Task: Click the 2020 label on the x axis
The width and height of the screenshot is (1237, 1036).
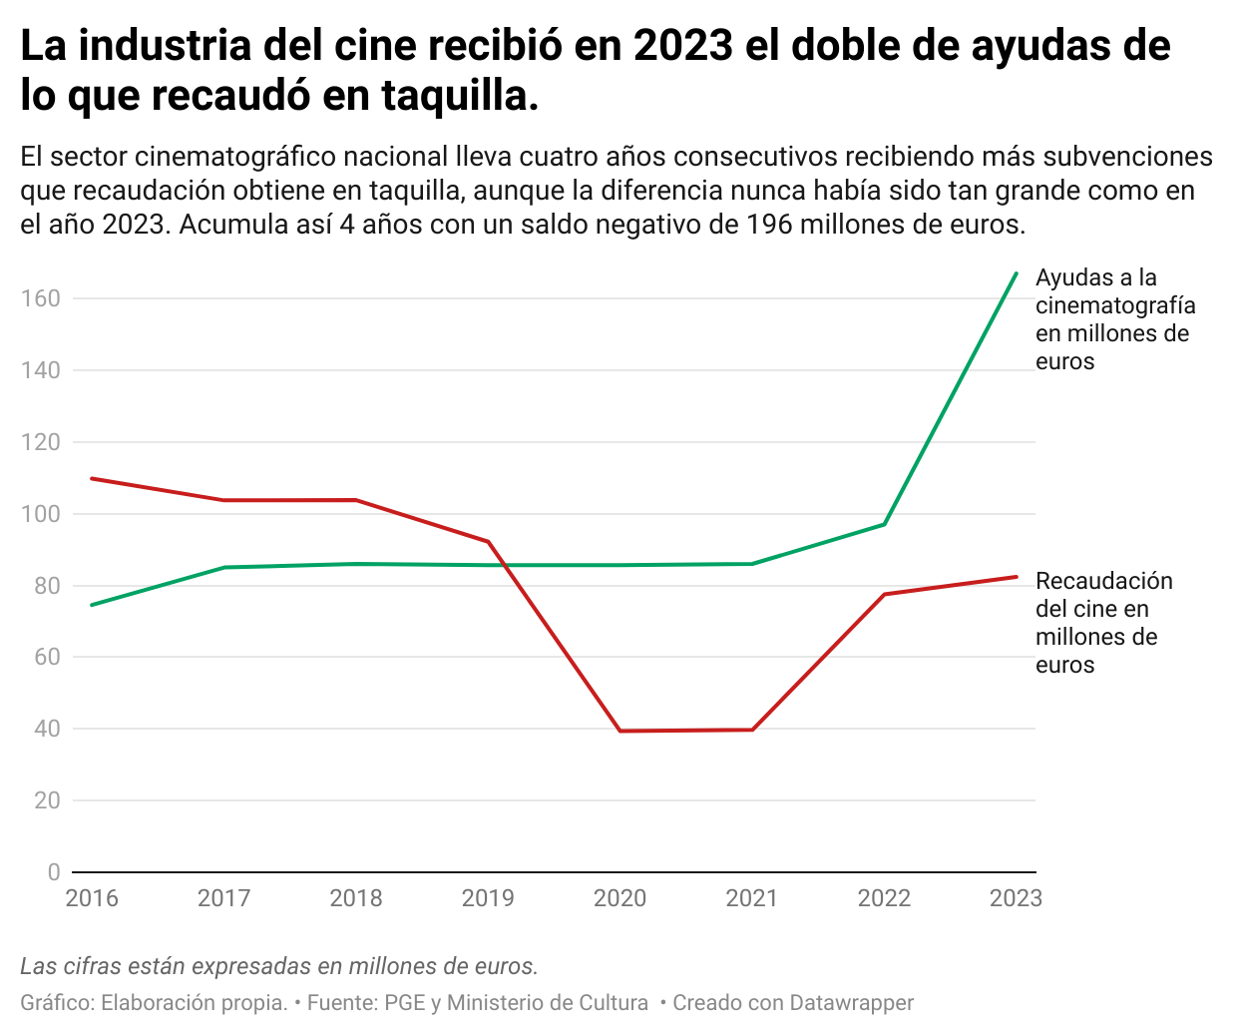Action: pyautogui.click(x=619, y=898)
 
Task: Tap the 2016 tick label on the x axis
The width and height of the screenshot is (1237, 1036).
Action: pyautogui.click(x=92, y=898)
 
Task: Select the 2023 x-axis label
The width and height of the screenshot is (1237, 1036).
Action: pyautogui.click(x=1015, y=898)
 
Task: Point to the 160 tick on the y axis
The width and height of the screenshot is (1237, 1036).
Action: pyautogui.click(x=41, y=298)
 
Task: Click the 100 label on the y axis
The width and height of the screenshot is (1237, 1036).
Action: pyautogui.click(x=41, y=514)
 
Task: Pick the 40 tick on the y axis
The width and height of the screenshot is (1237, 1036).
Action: pyautogui.click(x=47, y=729)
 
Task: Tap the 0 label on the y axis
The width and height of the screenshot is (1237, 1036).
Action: pyautogui.click(x=54, y=872)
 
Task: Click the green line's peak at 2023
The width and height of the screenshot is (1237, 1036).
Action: pyautogui.click(x=1016, y=273)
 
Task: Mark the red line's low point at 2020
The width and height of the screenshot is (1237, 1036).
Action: pyautogui.click(x=620, y=731)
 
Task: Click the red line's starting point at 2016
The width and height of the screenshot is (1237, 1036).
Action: pyautogui.click(x=92, y=478)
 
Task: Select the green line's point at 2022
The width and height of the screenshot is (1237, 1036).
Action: pyautogui.click(x=884, y=524)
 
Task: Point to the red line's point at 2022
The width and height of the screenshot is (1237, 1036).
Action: pyautogui.click(x=884, y=594)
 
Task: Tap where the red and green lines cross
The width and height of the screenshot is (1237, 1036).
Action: pyautogui.click(x=503, y=565)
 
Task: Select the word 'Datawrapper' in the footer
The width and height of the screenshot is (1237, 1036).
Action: pyautogui.click(x=851, y=1002)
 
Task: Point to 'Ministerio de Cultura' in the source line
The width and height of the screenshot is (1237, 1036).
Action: pyautogui.click(x=547, y=1002)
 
